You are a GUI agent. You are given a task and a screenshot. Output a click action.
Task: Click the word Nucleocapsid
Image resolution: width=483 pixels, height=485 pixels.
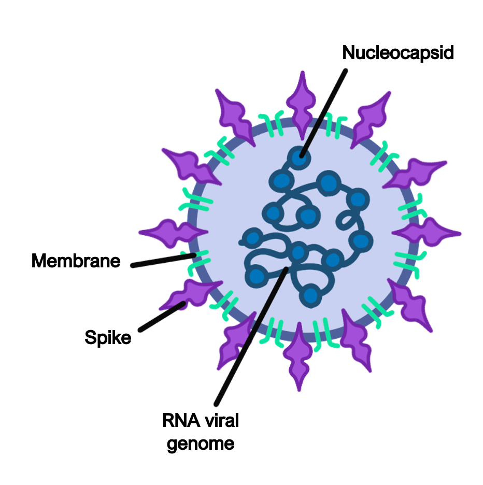(398, 52)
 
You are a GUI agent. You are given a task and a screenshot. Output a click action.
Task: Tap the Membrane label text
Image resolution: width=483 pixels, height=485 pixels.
(76, 261)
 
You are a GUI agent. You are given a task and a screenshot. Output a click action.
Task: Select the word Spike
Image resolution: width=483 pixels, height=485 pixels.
(108, 338)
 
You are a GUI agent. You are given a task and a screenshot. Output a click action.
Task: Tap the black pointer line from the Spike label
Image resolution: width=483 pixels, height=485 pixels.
(161, 316)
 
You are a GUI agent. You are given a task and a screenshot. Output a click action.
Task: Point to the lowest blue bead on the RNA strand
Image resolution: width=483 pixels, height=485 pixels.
(310, 295)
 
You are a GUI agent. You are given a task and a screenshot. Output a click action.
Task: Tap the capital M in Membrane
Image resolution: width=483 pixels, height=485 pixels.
(38, 261)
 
